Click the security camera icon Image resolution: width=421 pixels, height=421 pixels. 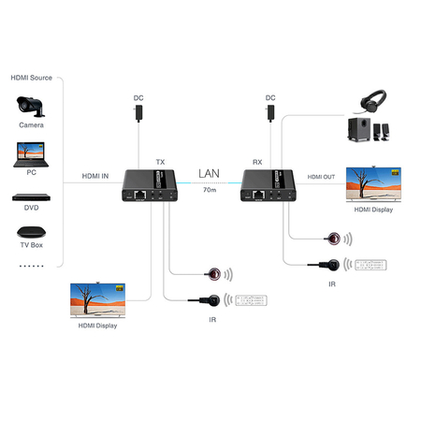(29, 106)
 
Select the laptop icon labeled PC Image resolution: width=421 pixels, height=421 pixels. (30, 152)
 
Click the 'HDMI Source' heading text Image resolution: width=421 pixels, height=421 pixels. (31, 77)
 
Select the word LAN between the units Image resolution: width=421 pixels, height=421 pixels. (209, 174)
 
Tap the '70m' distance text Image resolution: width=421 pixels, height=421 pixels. (209, 192)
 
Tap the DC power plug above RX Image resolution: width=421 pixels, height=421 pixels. (270, 111)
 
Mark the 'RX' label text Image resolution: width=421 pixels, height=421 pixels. (257, 160)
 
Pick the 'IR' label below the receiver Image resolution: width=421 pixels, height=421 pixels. (331, 283)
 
